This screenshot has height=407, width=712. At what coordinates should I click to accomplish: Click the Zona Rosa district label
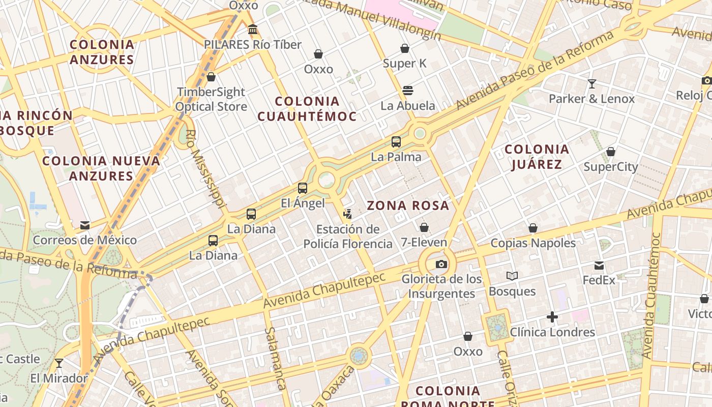tap(408, 206)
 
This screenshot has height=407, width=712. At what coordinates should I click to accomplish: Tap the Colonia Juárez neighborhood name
tap(537, 156)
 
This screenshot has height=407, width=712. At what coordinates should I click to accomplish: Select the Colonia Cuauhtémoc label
tap(307, 108)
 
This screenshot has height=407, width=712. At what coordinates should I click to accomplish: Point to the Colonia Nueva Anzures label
tap(101, 168)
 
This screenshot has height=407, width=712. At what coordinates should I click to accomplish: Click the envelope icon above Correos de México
tap(85, 225)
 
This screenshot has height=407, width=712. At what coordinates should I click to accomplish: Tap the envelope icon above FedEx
tap(599, 266)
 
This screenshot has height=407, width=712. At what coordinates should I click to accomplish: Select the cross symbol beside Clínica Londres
tap(552, 317)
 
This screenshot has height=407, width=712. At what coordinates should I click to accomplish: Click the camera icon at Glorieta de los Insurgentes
tap(441, 264)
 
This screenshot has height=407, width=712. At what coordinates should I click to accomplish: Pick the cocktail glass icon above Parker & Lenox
tap(591, 84)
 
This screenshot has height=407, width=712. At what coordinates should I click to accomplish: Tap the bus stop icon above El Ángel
tap(303, 188)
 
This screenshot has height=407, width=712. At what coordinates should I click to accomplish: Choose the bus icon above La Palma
tap(396, 142)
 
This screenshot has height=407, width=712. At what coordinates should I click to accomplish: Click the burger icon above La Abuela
tap(407, 91)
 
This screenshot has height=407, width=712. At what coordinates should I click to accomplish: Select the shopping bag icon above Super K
tap(405, 48)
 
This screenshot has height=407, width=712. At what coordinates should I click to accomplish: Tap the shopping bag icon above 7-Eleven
tap(424, 227)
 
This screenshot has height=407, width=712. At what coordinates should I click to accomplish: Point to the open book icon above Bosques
tap(512, 276)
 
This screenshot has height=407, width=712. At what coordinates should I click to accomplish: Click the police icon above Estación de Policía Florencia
tap(348, 214)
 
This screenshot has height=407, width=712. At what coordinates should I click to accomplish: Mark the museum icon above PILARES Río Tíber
tap(253, 30)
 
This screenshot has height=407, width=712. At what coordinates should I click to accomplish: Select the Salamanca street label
tap(274, 358)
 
